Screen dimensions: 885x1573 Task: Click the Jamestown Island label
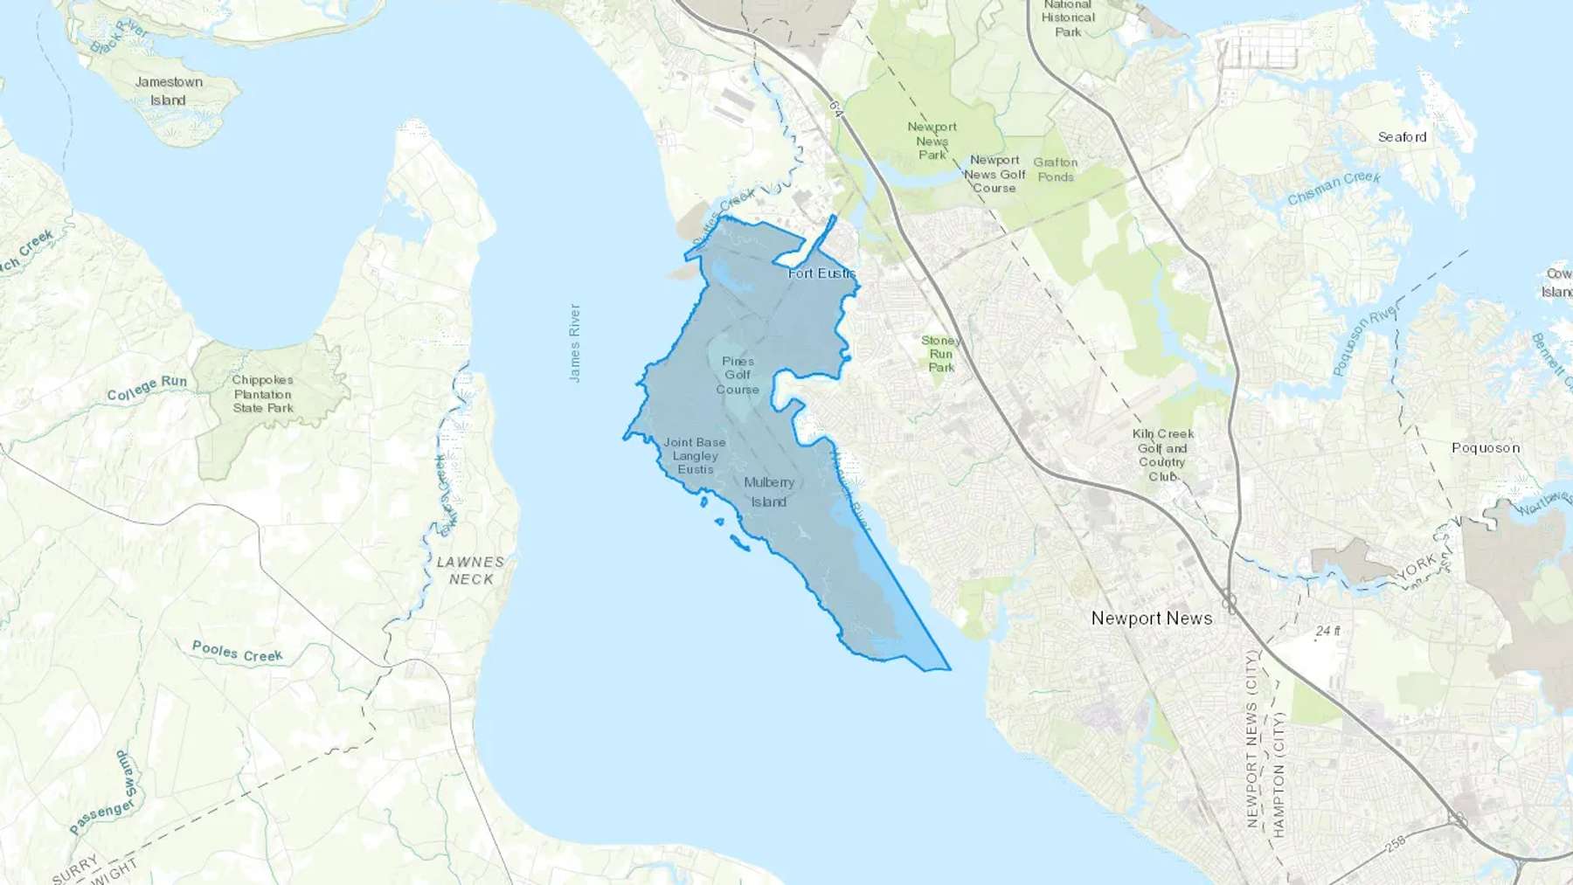[169, 91]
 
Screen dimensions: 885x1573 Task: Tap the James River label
[574, 342]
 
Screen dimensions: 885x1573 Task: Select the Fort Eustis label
[821, 273]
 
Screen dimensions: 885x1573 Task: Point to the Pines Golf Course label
[738, 375]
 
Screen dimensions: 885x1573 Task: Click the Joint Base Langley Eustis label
[695, 456]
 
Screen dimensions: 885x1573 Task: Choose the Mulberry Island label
[769, 492]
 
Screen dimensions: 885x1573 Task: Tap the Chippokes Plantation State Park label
[263, 394]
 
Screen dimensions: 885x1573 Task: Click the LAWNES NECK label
[470, 570]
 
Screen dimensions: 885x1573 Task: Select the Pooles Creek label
[237, 652]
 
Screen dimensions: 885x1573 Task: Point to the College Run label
[147, 388]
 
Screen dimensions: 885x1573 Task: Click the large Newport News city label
[1151, 619]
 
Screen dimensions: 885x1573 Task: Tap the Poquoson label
[1486, 448]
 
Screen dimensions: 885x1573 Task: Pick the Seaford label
[1402, 137]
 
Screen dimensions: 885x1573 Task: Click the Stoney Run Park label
[941, 354]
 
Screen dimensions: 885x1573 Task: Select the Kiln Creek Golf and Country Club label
[1162, 455]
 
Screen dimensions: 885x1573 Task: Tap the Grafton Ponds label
[1056, 169]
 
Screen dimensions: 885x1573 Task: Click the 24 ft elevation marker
[1327, 631]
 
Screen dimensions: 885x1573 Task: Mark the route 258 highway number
[1396, 843]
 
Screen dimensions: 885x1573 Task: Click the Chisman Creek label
[1334, 188]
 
